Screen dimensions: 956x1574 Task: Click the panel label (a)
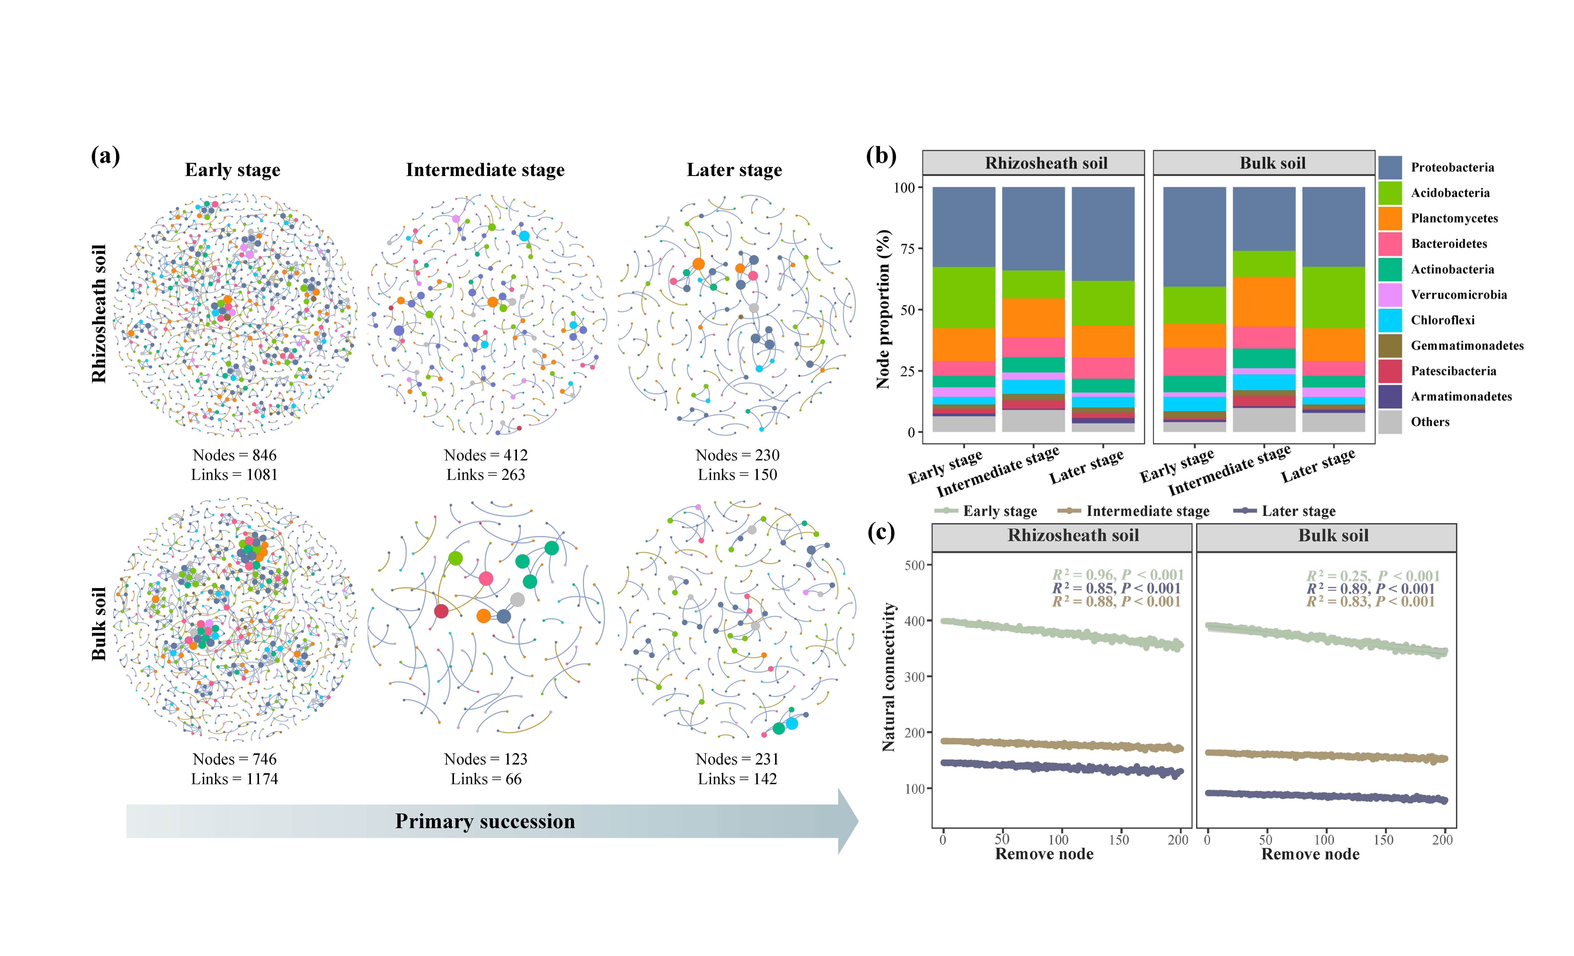(x=105, y=156)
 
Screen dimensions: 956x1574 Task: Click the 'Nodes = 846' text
(x=235, y=455)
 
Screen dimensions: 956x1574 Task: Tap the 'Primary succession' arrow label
(x=485, y=821)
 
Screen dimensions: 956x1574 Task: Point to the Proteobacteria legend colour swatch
(x=1390, y=167)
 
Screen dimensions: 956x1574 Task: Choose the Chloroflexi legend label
(x=1442, y=320)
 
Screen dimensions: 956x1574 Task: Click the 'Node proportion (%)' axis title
(x=884, y=309)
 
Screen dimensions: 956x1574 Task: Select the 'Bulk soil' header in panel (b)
(x=1273, y=163)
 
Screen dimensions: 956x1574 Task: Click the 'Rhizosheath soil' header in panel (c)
(x=1073, y=536)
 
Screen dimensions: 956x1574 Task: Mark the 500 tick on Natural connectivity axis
(x=915, y=565)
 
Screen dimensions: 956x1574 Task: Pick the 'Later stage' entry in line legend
(x=1298, y=511)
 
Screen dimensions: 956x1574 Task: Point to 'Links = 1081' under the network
(x=235, y=475)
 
